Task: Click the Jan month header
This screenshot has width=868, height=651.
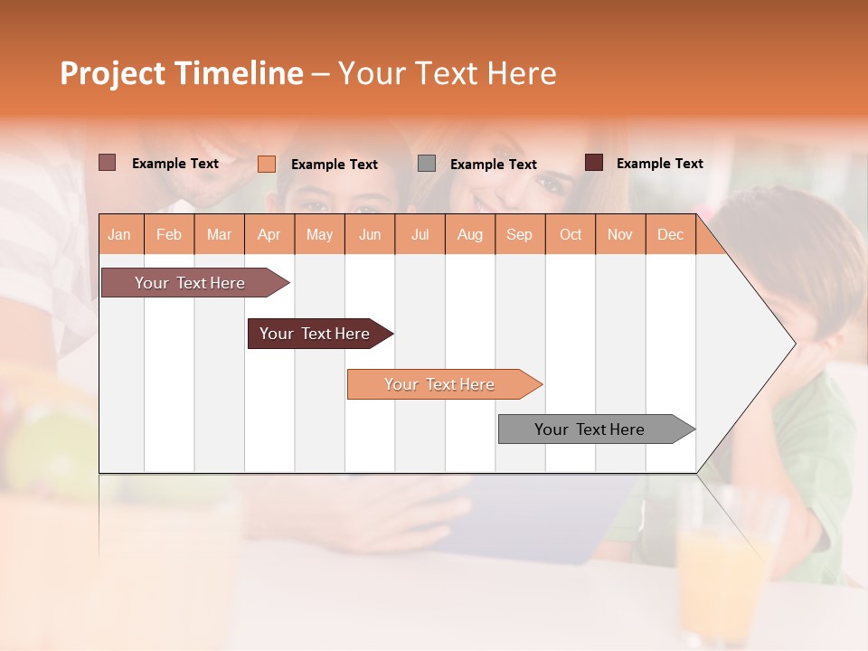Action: click(120, 234)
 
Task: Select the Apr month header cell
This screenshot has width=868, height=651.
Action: click(269, 234)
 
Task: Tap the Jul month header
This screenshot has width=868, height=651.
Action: click(420, 234)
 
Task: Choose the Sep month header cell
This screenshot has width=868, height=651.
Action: click(520, 234)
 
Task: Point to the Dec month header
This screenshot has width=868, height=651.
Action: click(670, 234)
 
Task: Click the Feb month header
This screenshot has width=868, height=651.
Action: click(169, 234)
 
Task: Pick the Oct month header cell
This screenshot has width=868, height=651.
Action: click(571, 234)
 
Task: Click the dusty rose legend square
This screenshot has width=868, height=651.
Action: click(107, 163)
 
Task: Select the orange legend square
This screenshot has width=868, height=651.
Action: click(267, 164)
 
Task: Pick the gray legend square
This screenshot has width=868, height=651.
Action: click(427, 164)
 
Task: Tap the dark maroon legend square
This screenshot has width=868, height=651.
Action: click(594, 163)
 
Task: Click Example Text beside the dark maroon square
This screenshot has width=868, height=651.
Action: click(659, 164)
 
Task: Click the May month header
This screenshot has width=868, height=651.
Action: click(319, 234)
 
